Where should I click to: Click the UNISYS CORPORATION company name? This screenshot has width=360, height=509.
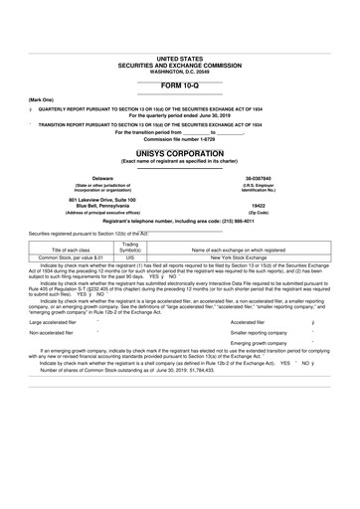point(180,154)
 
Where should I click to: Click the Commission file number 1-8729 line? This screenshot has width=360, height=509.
point(180,138)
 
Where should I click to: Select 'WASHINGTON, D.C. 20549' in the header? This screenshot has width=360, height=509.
point(180,72)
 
